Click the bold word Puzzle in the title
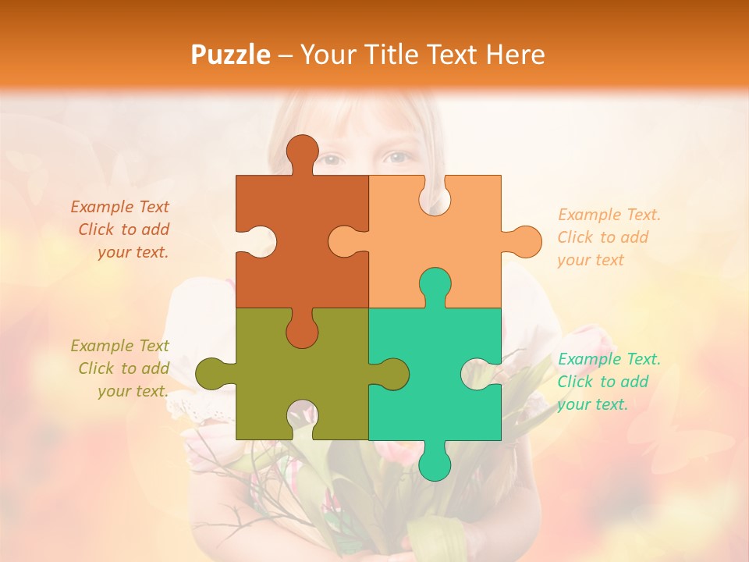pos(231,55)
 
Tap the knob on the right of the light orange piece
pos(524,242)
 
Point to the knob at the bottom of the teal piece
pos(435,462)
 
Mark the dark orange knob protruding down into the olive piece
pos(302,332)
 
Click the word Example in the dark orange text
pos(102,207)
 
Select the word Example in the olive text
pos(102,346)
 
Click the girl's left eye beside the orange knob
pos(333,159)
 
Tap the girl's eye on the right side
pos(398,158)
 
